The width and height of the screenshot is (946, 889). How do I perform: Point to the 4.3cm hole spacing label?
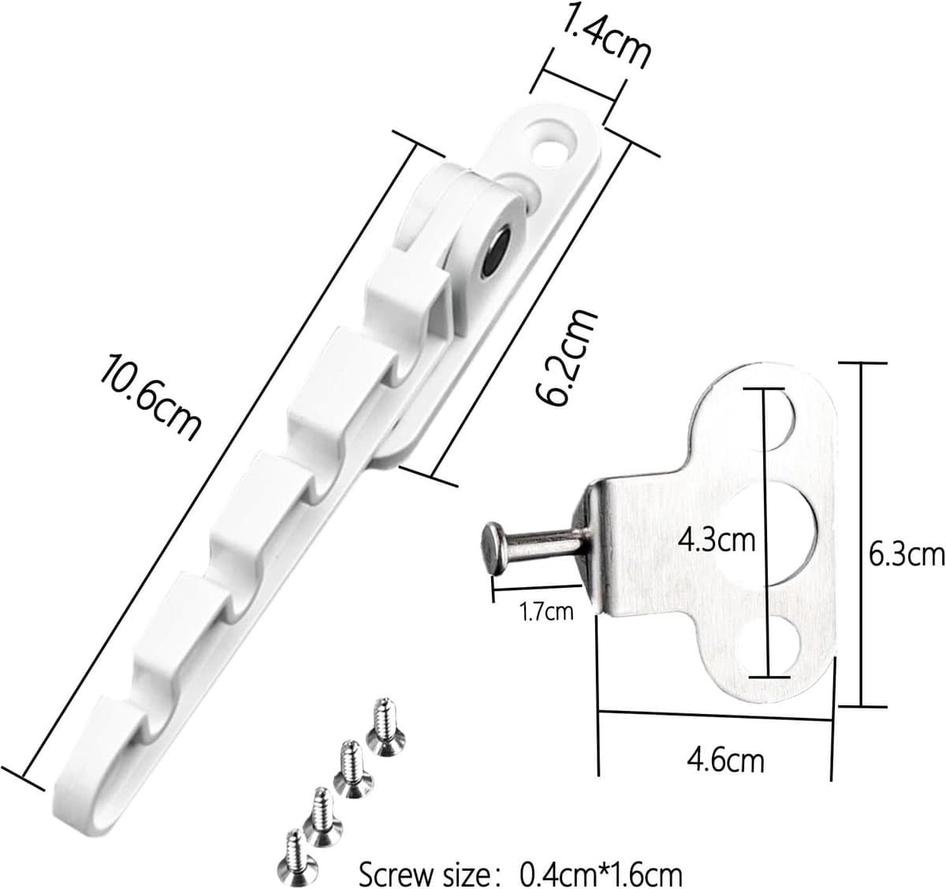717,541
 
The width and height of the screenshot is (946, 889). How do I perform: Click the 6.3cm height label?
907,555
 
